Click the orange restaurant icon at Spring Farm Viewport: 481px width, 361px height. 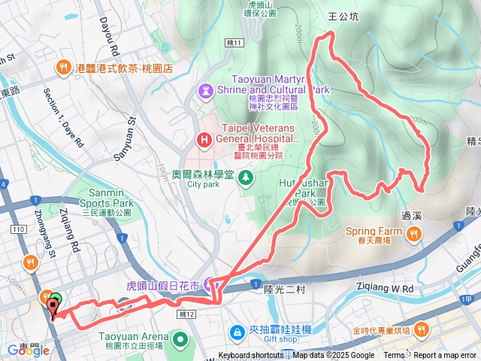pyautogui.click(x=412, y=236)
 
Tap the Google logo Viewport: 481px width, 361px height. pyautogui.click(x=23, y=350)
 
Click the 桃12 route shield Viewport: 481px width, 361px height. pyautogui.click(x=188, y=314)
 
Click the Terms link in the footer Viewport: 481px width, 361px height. pyautogui.click(x=394, y=356)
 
